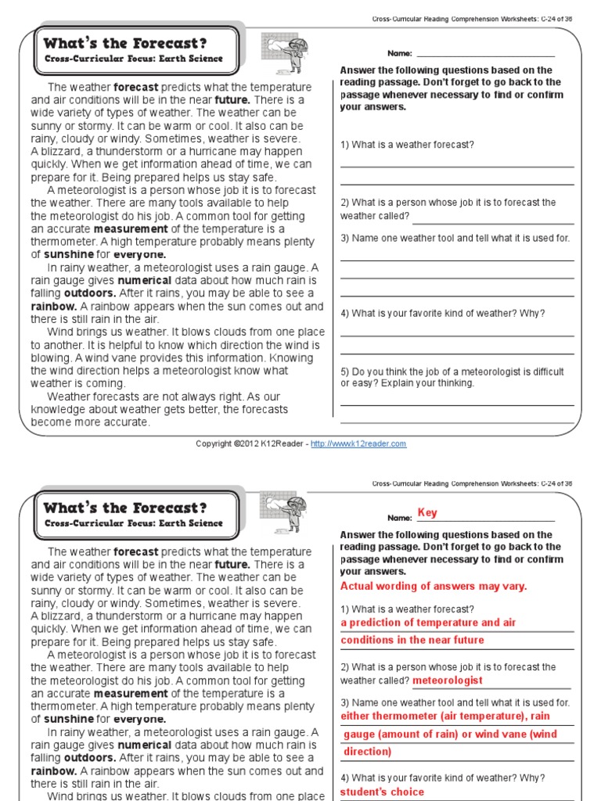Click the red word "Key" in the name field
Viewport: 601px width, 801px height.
click(427, 513)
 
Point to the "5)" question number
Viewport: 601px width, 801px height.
click(345, 372)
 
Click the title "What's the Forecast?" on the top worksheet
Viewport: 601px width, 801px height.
click(125, 43)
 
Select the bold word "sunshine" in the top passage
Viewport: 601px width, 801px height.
click(68, 254)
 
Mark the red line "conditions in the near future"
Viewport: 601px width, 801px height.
click(412, 640)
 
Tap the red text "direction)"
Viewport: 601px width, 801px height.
click(368, 752)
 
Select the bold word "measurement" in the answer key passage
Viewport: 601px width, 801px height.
click(131, 693)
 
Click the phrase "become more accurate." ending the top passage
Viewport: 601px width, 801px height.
click(90, 422)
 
